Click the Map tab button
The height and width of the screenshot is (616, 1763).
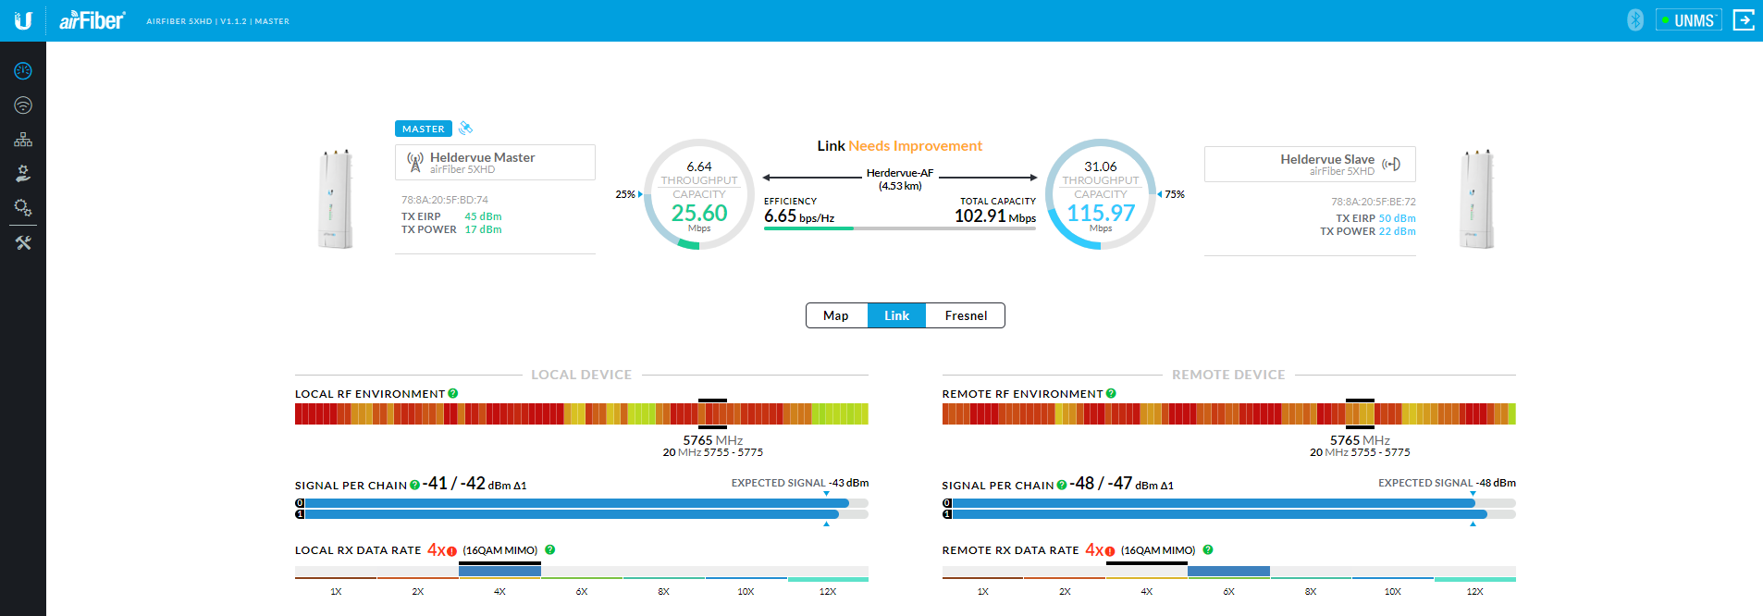pos(836,315)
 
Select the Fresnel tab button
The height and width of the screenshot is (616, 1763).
pos(966,315)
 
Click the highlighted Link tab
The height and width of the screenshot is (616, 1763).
pos(896,315)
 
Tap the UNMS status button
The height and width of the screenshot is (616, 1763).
pos(1689,20)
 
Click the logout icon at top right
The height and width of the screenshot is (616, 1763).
pos(1744,20)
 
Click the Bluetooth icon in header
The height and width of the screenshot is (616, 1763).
pos(1635,20)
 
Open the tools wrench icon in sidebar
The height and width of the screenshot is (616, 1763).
pos(23,243)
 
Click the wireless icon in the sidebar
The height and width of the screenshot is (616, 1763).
pos(23,105)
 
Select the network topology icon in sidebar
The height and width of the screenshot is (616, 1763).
pos(23,140)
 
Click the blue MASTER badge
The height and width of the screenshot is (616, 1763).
pos(423,129)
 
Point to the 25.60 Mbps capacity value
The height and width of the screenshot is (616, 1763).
pos(699,214)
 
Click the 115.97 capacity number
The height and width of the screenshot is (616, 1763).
pos(1101,214)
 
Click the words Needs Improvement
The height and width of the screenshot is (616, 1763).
pos(915,146)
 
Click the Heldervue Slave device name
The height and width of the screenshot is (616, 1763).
pos(1326,159)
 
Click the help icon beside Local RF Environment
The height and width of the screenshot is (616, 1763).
pos(453,393)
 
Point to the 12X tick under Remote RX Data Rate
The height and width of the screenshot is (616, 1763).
pos(1474,591)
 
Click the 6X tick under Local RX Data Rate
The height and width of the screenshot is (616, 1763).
pos(582,591)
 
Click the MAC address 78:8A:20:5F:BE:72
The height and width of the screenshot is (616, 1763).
pos(1373,202)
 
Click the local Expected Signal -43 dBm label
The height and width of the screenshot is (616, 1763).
pos(799,483)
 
